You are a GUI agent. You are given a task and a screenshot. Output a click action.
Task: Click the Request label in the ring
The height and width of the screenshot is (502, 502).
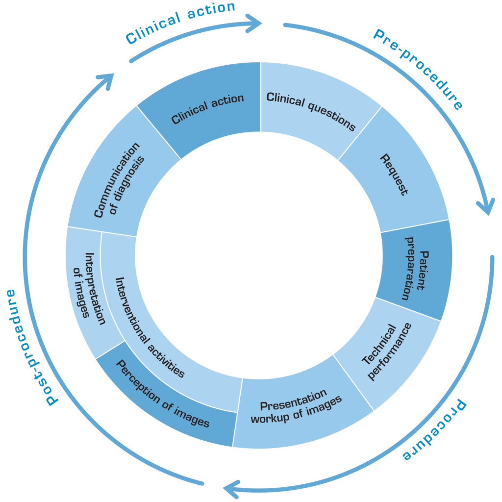394,175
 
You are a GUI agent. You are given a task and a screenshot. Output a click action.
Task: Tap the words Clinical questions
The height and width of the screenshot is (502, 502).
311,111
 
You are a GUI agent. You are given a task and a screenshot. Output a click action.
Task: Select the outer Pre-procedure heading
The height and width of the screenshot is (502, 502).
418,69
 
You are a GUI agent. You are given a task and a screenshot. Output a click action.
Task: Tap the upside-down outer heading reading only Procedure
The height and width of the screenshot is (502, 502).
434,431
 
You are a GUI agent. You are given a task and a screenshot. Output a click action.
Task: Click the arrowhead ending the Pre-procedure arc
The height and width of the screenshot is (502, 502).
485,206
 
